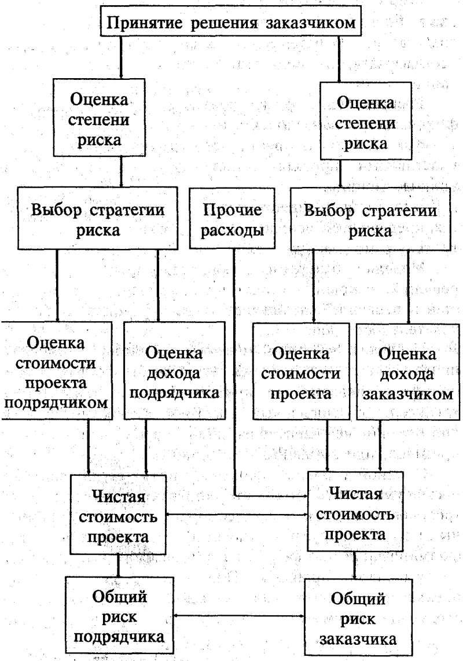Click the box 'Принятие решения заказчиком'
[x=231, y=22]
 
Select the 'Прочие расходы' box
[x=232, y=218]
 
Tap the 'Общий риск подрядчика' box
[x=119, y=616]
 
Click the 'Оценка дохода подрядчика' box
[x=174, y=371]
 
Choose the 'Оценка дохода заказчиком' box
[x=408, y=372]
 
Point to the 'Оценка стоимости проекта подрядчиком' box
[x=56, y=371]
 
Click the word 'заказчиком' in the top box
[x=311, y=23]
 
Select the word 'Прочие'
[x=232, y=210]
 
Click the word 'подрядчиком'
[x=56, y=403]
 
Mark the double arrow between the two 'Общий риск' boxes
[x=238, y=616]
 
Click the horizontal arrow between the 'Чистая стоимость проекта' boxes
[x=237, y=515]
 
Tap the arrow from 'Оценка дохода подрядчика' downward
[x=146, y=447]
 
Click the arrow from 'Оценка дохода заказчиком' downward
[x=380, y=446]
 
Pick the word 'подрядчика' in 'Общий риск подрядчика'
[x=119, y=637]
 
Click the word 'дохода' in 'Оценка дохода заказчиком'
[x=407, y=373]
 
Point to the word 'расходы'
[x=232, y=230]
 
